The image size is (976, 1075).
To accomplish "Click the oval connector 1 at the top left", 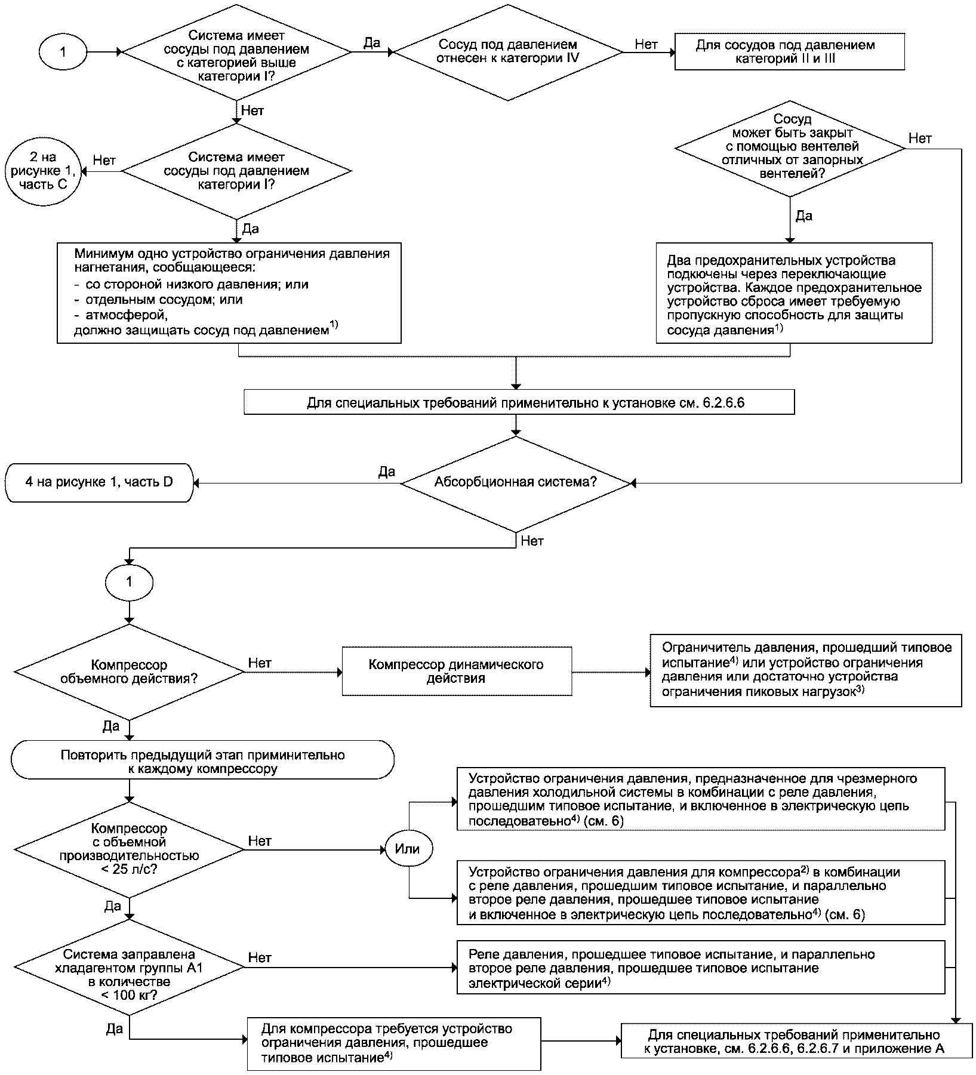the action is [x=63, y=52].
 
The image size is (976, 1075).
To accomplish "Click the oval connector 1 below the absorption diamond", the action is [x=130, y=581].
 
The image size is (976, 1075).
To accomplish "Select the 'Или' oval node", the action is [x=408, y=849].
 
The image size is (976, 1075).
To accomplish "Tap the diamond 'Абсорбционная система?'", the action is [x=515, y=483].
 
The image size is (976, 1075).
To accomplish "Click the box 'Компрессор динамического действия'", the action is [x=457, y=672].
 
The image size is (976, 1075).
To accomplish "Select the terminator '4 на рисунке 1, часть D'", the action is [x=99, y=483].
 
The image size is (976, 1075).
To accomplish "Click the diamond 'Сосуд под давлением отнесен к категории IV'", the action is [x=508, y=52].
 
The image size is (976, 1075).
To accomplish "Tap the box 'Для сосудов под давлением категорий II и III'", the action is [x=789, y=52].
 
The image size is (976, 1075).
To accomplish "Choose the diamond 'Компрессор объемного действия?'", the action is [x=129, y=672].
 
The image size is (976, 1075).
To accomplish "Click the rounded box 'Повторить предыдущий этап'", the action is [x=202, y=760].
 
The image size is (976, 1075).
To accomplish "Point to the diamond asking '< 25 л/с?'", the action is [x=129, y=849].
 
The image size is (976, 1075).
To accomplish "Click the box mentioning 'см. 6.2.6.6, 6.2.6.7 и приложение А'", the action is [x=796, y=1042].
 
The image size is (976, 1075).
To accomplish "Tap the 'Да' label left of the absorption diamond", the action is [x=386, y=472].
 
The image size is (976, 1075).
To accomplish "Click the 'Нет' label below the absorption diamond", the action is [x=532, y=541].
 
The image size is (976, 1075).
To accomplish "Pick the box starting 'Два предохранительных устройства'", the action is [x=794, y=293].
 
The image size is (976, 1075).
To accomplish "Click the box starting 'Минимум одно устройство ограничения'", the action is [x=229, y=292].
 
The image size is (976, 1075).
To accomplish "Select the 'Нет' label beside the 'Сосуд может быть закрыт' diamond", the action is [x=920, y=138].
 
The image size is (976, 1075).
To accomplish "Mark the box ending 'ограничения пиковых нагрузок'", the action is [x=806, y=671].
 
